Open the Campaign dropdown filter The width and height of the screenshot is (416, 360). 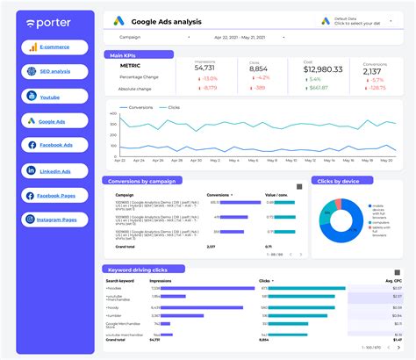tap(149, 39)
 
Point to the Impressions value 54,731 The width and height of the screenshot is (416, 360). tap(204, 68)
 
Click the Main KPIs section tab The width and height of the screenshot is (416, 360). tap(123, 54)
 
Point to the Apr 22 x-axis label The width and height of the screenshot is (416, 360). tap(120, 161)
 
